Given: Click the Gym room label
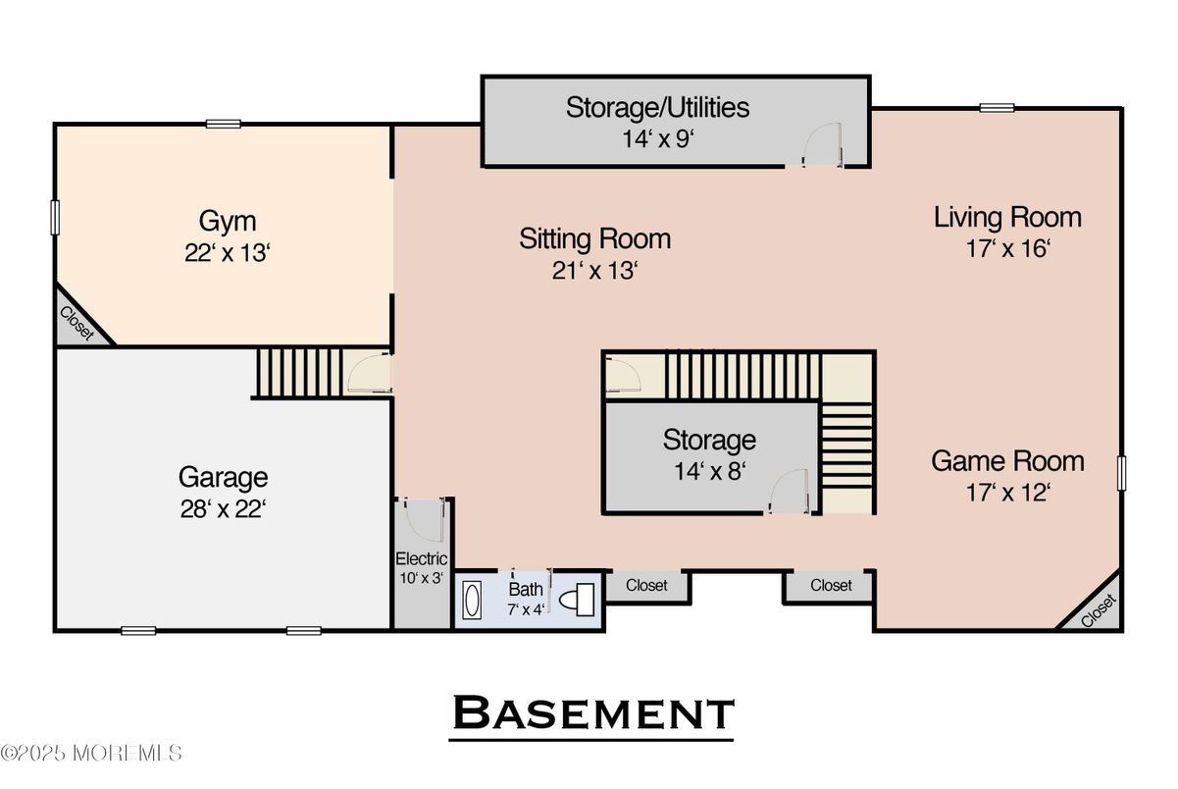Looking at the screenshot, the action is tap(228, 222).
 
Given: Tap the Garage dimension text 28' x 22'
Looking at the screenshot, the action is tap(223, 509).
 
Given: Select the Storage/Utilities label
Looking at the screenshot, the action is tap(657, 108).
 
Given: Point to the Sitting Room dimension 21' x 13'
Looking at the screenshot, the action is tap(594, 271).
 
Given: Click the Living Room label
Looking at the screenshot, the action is tap(1007, 218).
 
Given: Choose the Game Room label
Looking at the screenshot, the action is tap(1007, 461).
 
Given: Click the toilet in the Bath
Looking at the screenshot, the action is tap(577, 600).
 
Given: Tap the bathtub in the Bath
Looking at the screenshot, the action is tap(472, 601).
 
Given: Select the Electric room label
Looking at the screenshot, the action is tap(421, 558).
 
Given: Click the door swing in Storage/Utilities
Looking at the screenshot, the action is tap(822, 144).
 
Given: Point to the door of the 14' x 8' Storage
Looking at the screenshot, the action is tap(789, 491).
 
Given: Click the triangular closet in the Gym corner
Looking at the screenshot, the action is tap(77, 320).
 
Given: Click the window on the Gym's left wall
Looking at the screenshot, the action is tap(55, 217).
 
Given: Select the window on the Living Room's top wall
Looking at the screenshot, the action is tap(998, 108).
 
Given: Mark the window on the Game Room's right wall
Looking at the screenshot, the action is tap(1122, 473).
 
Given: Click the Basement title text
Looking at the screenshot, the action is tap(592, 712).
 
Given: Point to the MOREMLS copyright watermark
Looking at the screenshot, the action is tap(91, 754).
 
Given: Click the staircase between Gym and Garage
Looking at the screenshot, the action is tap(299, 372).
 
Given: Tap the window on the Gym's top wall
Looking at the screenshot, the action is tap(223, 124).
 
